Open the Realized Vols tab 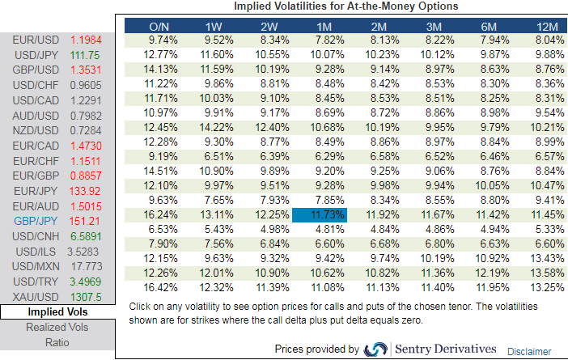tap(57, 327)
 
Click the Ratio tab tap(57, 342)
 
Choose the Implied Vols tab tap(57, 311)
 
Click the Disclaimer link tap(529, 351)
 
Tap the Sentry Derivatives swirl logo tap(376, 349)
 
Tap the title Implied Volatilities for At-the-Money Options tap(346, 6)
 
